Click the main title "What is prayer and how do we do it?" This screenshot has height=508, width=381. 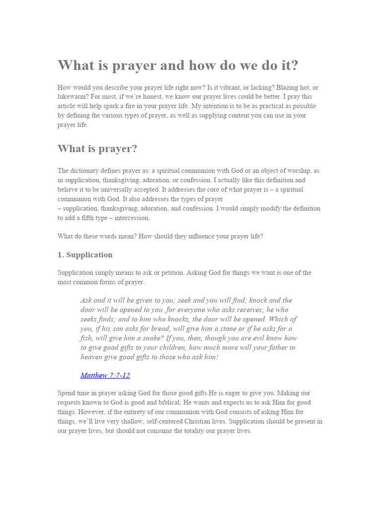(178, 65)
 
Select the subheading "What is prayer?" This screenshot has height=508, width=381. (97, 149)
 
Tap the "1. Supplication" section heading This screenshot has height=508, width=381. (85, 255)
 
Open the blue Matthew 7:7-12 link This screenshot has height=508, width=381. (105, 376)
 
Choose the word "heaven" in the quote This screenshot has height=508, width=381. (93, 357)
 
